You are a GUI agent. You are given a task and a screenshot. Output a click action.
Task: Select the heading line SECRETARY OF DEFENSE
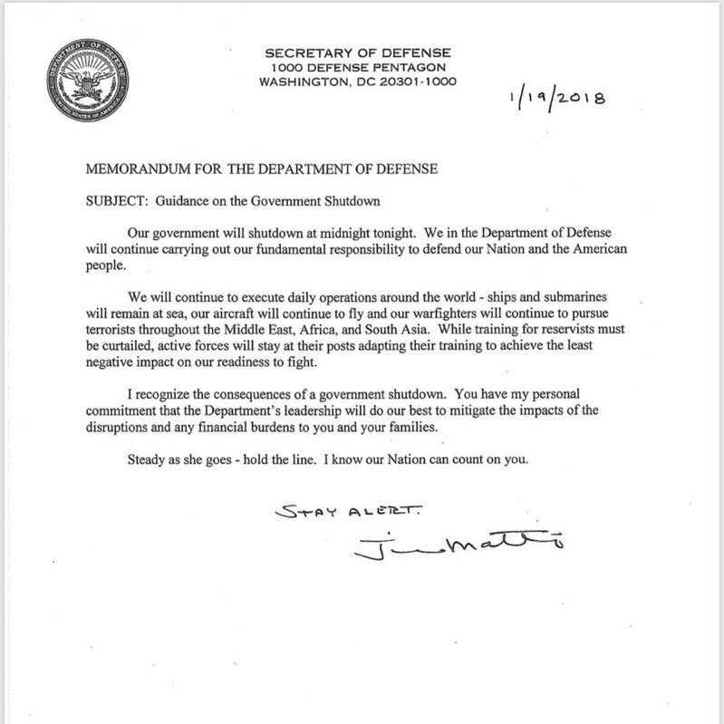(x=358, y=53)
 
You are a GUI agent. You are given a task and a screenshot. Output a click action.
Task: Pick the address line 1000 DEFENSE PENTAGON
(x=358, y=68)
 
